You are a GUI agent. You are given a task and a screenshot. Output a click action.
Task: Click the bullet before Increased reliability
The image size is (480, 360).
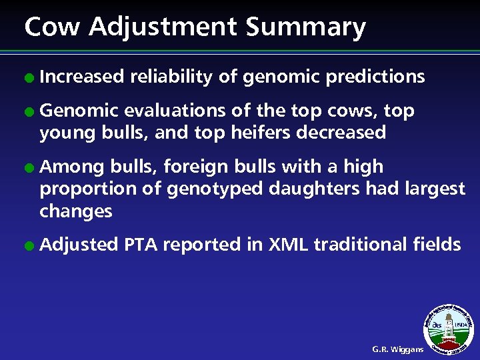(29, 78)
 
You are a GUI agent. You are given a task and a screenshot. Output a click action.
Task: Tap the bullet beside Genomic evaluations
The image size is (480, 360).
(29, 111)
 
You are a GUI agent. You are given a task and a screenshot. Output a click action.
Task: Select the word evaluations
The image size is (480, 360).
(175, 111)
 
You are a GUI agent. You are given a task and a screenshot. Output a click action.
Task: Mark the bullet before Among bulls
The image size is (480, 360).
(29, 167)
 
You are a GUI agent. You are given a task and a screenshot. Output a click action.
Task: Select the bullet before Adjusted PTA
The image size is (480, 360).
(29, 245)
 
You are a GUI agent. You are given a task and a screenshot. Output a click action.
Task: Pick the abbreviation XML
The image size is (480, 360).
(288, 245)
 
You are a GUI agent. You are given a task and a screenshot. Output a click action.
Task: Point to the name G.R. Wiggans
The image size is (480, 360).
(397, 349)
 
